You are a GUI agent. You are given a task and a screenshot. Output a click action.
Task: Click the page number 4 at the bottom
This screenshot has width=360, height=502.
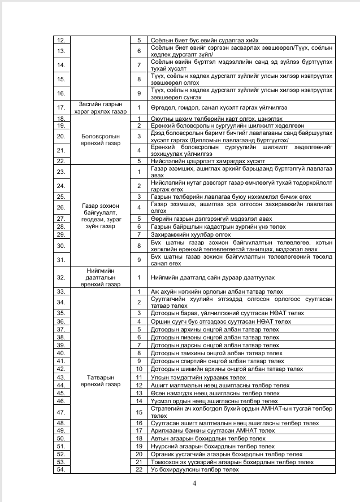pyautogui.click(x=194, y=483)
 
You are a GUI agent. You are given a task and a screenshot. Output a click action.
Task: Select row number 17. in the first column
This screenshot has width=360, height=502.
pyautogui.click(x=62, y=107)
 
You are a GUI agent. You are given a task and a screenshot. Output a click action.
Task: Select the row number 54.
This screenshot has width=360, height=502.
pyautogui.click(x=62, y=469)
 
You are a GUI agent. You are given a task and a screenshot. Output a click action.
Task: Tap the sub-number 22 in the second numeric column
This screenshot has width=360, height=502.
pyautogui.click(x=138, y=469)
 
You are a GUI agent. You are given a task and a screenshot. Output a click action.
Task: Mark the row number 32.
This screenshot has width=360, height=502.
pyautogui.click(x=62, y=277)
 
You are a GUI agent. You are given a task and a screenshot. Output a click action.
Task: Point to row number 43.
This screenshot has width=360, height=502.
pyautogui.click(x=62, y=377)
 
